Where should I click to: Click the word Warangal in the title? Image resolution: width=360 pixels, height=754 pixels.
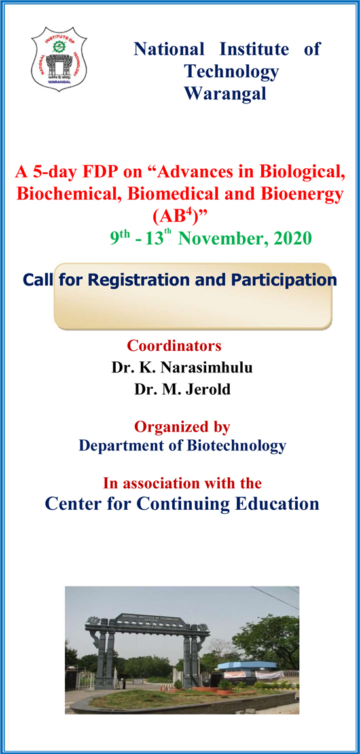pyautogui.click(x=225, y=94)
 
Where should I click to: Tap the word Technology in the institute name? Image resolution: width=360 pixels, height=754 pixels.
pyautogui.click(x=231, y=71)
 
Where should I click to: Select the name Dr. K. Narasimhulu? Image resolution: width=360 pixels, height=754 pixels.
pyautogui.click(x=182, y=367)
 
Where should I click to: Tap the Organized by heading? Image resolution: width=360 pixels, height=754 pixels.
pyautogui.click(x=182, y=427)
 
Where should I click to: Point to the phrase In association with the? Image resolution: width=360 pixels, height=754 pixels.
pyautogui.click(x=182, y=484)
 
